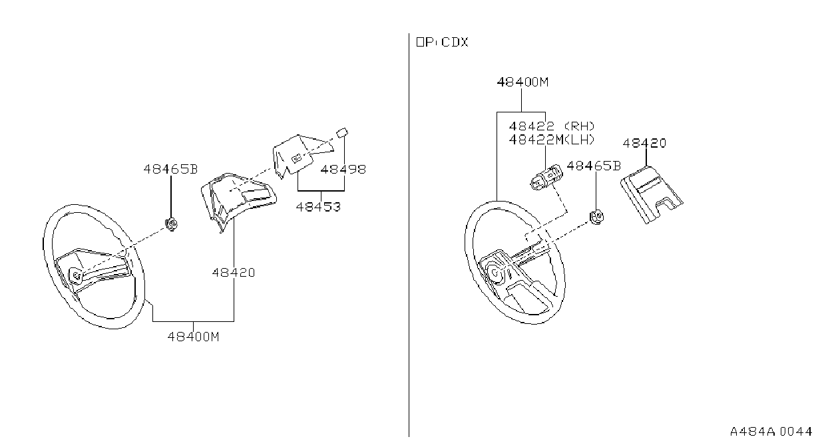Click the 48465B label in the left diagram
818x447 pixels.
[x=170, y=170]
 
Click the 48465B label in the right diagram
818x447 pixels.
[x=594, y=166]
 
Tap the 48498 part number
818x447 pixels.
[x=343, y=170]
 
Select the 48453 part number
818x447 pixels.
[x=318, y=207]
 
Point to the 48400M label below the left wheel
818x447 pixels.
[x=194, y=337]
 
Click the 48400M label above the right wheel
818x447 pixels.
[x=523, y=82]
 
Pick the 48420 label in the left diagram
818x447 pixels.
[x=234, y=273]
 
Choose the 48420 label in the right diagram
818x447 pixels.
[x=644, y=143]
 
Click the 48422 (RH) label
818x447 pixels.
[x=552, y=126]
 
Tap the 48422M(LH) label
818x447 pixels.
[x=552, y=140]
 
